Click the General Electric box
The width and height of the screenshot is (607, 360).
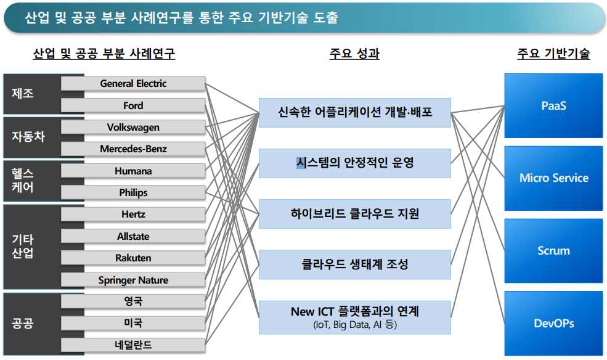click(133, 84)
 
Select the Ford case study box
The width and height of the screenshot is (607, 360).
click(133, 105)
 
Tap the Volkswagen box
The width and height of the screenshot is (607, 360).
click(133, 128)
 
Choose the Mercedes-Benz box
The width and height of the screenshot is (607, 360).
click(133, 149)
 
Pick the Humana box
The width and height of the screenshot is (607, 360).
click(133, 171)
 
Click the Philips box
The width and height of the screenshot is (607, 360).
click(133, 193)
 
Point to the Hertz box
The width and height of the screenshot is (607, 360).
click(133, 215)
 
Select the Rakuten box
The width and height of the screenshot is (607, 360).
click(133, 258)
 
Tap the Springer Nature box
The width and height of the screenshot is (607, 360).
click(133, 280)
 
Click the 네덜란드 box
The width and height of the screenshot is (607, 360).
click(133, 345)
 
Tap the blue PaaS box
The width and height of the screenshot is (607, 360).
click(553, 105)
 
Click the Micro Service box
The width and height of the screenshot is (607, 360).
click(553, 178)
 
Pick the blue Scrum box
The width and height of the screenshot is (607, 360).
click(553, 251)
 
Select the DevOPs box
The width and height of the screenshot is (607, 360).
click(553, 323)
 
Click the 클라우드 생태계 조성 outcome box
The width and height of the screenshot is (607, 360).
click(354, 265)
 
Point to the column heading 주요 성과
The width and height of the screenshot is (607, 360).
click(354, 54)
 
